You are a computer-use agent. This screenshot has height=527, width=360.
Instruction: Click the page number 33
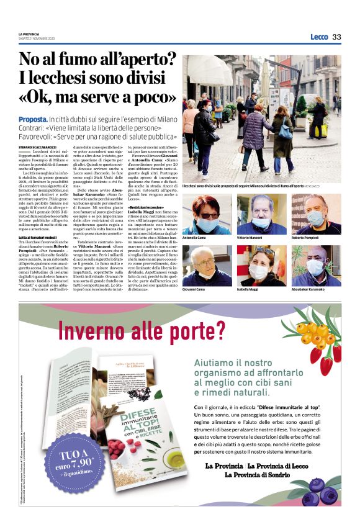(x=336, y=37)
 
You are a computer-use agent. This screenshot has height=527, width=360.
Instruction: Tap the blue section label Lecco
(x=319, y=37)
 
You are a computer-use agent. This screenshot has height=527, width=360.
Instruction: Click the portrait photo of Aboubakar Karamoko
(x=316, y=265)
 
